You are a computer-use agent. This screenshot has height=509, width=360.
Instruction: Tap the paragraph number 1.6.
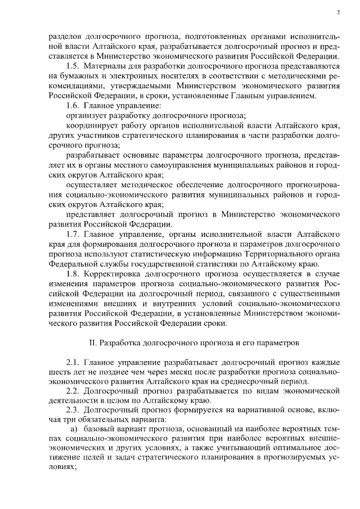73,105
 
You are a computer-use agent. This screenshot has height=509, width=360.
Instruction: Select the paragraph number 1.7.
73,233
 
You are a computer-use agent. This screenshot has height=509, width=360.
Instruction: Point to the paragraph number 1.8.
73,274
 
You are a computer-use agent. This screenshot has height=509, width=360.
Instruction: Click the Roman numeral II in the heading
93,342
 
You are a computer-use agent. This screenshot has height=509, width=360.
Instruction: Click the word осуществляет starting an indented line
95,184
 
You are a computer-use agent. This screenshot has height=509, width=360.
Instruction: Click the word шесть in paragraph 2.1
60,371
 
